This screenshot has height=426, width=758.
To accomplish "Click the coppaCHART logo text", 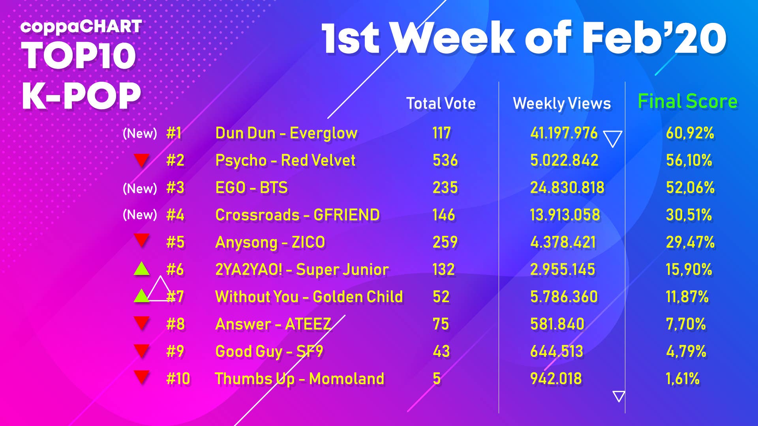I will click(x=81, y=27).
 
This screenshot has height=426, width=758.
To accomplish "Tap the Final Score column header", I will click(x=687, y=101).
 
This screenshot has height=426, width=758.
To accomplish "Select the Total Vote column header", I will click(x=441, y=103).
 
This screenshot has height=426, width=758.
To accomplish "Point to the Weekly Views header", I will click(x=561, y=103).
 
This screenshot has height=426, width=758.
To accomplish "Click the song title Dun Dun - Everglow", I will click(x=286, y=133).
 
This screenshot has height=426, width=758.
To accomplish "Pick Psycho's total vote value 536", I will click(x=445, y=161).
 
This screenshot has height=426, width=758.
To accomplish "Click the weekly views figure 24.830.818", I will click(x=567, y=188).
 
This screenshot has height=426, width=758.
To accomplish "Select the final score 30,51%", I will click(x=689, y=215).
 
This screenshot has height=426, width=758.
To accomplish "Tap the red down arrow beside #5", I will click(x=141, y=239).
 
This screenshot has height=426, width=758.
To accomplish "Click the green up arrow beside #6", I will click(x=141, y=269).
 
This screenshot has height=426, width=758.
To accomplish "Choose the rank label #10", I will click(x=178, y=379).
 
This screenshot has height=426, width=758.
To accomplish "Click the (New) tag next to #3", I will click(x=140, y=188).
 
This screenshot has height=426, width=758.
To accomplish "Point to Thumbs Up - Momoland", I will click(x=299, y=379).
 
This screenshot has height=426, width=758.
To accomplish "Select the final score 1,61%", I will click(x=682, y=379).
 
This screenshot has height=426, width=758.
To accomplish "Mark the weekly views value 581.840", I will click(x=557, y=324).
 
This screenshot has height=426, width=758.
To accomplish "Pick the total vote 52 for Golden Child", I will click(x=441, y=297).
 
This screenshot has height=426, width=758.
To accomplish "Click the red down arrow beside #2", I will click(x=141, y=160).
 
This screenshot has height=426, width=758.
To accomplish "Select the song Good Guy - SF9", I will click(x=269, y=351).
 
